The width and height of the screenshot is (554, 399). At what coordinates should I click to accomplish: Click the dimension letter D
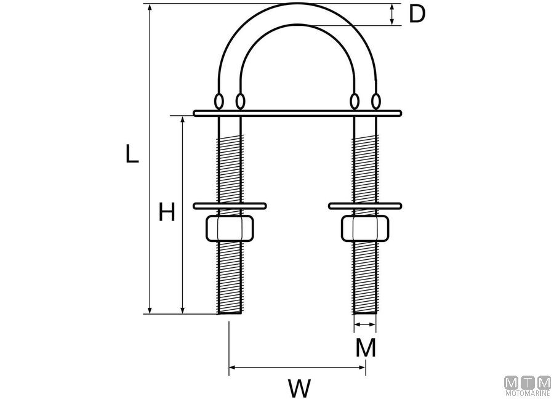(x=417, y=15)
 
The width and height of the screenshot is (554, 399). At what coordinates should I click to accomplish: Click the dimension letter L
(x=132, y=154)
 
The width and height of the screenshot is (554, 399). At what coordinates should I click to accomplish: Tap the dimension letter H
(x=166, y=212)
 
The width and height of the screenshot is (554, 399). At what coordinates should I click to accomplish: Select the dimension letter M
(x=366, y=348)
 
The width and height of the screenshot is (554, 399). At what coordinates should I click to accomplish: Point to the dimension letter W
(x=300, y=388)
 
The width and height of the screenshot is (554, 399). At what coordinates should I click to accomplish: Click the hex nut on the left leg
(x=230, y=228)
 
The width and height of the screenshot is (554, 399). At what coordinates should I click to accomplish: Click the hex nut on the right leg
(x=365, y=228)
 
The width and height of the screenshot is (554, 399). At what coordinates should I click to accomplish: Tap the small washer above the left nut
(x=230, y=206)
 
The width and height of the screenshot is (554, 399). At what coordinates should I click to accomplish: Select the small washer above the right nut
(x=365, y=206)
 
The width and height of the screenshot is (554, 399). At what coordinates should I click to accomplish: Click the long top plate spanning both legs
(x=297, y=113)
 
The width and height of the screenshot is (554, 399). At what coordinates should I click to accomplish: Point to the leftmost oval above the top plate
(x=219, y=101)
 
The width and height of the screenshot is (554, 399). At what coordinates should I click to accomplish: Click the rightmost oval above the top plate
(x=376, y=101)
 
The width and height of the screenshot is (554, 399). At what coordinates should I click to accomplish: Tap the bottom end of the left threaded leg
(x=230, y=313)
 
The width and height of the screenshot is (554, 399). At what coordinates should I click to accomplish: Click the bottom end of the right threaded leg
(x=365, y=313)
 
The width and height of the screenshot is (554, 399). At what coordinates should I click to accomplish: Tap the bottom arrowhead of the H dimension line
(x=182, y=310)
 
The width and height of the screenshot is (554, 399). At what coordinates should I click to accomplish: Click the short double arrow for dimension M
(x=365, y=324)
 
